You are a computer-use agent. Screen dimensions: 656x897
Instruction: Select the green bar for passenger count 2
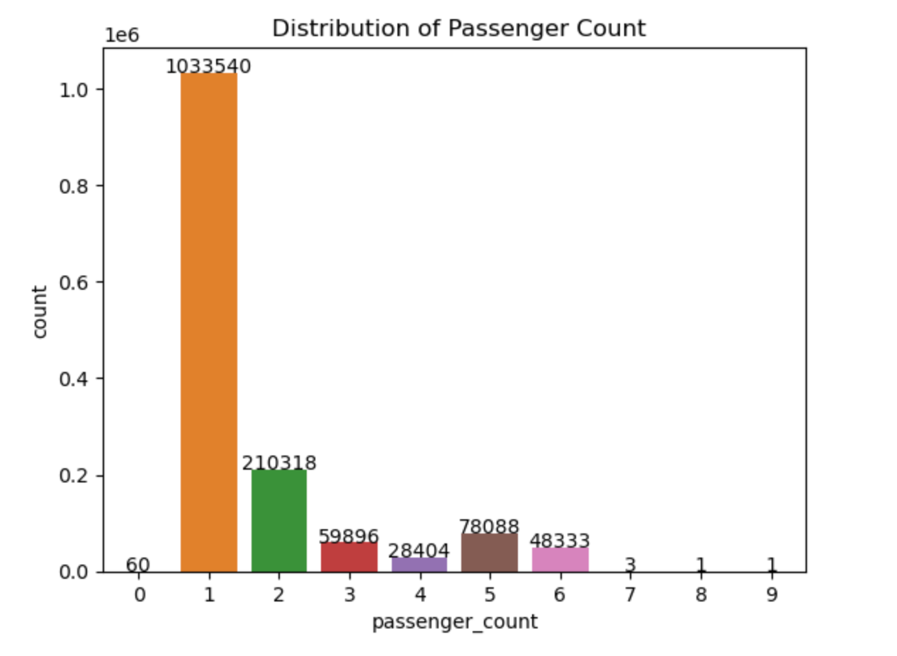pyautogui.click(x=278, y=521)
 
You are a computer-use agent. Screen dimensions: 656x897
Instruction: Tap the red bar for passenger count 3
pyautogui.click(x=349, y=557)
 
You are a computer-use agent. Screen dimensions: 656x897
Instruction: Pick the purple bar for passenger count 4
pyautogui.click(x=419, y=565)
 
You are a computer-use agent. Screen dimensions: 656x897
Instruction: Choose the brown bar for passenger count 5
pyautogui.click(x=489, y=553)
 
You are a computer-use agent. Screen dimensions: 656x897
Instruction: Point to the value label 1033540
pyautogui.click(x=208, y=67)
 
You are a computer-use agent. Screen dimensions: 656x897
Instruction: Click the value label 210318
pyautogui.click(x=279, y=463)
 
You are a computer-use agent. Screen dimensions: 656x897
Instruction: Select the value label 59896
pyautogui.click(x=349, y=536)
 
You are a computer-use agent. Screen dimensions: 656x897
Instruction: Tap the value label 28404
pyautogui.click(x=419, y=551)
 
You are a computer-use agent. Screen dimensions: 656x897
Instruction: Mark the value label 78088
pyautogui.click(x=489, y=527)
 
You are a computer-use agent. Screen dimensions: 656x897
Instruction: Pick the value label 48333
pyautogui.click(x=560, y=541)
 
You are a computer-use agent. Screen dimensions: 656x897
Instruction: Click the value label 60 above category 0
pyautogui.click(x=138, y=565)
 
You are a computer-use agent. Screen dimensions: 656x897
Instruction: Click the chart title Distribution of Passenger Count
pyautogui.click(x=459, y=28)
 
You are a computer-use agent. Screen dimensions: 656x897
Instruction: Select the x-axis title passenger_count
pyautogui.click(x=455, y=622)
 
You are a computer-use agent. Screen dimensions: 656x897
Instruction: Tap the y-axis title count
pyautogui.click(x=40, y=312)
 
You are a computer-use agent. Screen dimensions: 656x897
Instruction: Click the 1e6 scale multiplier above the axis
pyautogui.click(x=122, y=36)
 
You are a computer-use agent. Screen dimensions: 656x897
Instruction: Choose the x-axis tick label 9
pyautogui.click(x=772, y=594)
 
